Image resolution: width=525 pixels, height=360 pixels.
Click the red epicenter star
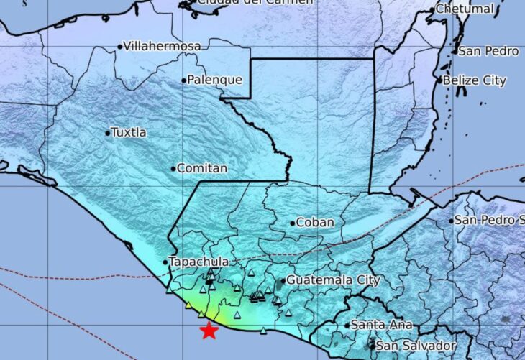[209, 331]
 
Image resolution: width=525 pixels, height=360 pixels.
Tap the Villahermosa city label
[163, 46]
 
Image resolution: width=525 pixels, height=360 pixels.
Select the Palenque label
[214, 80]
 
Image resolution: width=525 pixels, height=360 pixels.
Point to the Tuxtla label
[130, 132]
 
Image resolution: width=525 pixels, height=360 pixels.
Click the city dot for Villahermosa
[120, 47]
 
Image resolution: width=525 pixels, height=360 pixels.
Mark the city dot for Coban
[293, 223]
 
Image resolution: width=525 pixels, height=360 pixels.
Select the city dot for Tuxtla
[108, 133]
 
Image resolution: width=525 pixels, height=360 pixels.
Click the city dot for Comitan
[173, 169]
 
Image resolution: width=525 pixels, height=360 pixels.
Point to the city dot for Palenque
[184, 80]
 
